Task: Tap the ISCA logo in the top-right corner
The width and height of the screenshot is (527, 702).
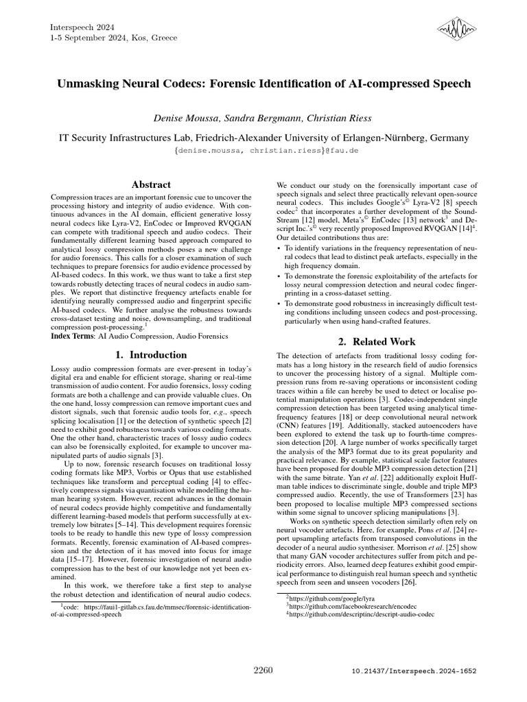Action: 456,29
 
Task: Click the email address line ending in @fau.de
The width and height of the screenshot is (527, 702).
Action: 263,150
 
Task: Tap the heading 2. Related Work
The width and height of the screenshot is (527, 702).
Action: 376,341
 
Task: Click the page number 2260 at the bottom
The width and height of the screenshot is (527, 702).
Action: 263,670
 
